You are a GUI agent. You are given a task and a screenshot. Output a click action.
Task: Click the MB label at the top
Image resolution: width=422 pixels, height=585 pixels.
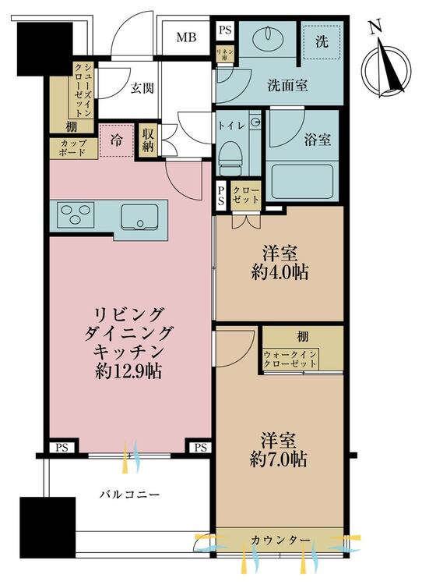coord(185,36)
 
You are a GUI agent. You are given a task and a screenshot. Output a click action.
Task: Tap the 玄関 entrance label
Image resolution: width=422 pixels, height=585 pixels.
coord(142,88)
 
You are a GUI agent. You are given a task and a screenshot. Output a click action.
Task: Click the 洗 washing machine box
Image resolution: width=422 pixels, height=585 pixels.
coord(321,41)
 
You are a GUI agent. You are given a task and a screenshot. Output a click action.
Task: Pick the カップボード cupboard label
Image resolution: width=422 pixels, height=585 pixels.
coord(69,148)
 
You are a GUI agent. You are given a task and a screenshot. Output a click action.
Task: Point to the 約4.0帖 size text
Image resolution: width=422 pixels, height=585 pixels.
coord(278,273)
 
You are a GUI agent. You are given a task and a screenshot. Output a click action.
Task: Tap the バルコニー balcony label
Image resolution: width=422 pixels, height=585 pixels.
coord(129,494)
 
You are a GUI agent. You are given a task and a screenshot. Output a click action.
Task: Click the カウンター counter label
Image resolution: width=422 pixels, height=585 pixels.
coord(281,540)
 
